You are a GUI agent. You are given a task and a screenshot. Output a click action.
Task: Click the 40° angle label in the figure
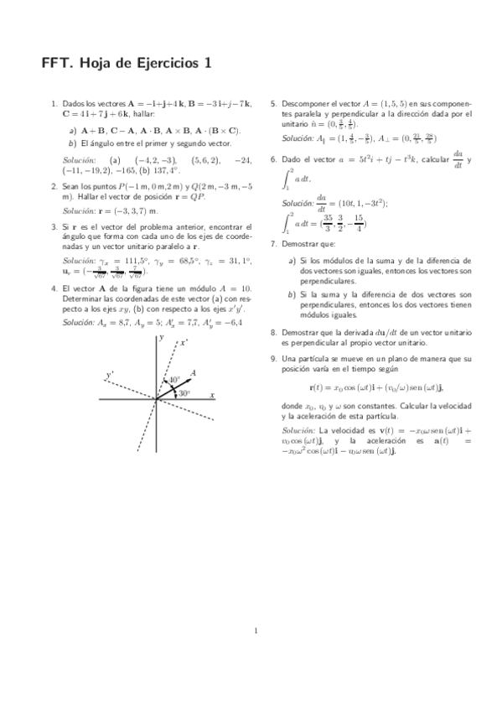[174, 380]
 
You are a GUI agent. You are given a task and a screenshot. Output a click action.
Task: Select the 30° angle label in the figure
[184, 392]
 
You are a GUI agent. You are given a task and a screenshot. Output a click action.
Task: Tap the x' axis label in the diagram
[184, 342]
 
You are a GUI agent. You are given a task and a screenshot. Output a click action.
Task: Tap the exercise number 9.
[272, 358]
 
